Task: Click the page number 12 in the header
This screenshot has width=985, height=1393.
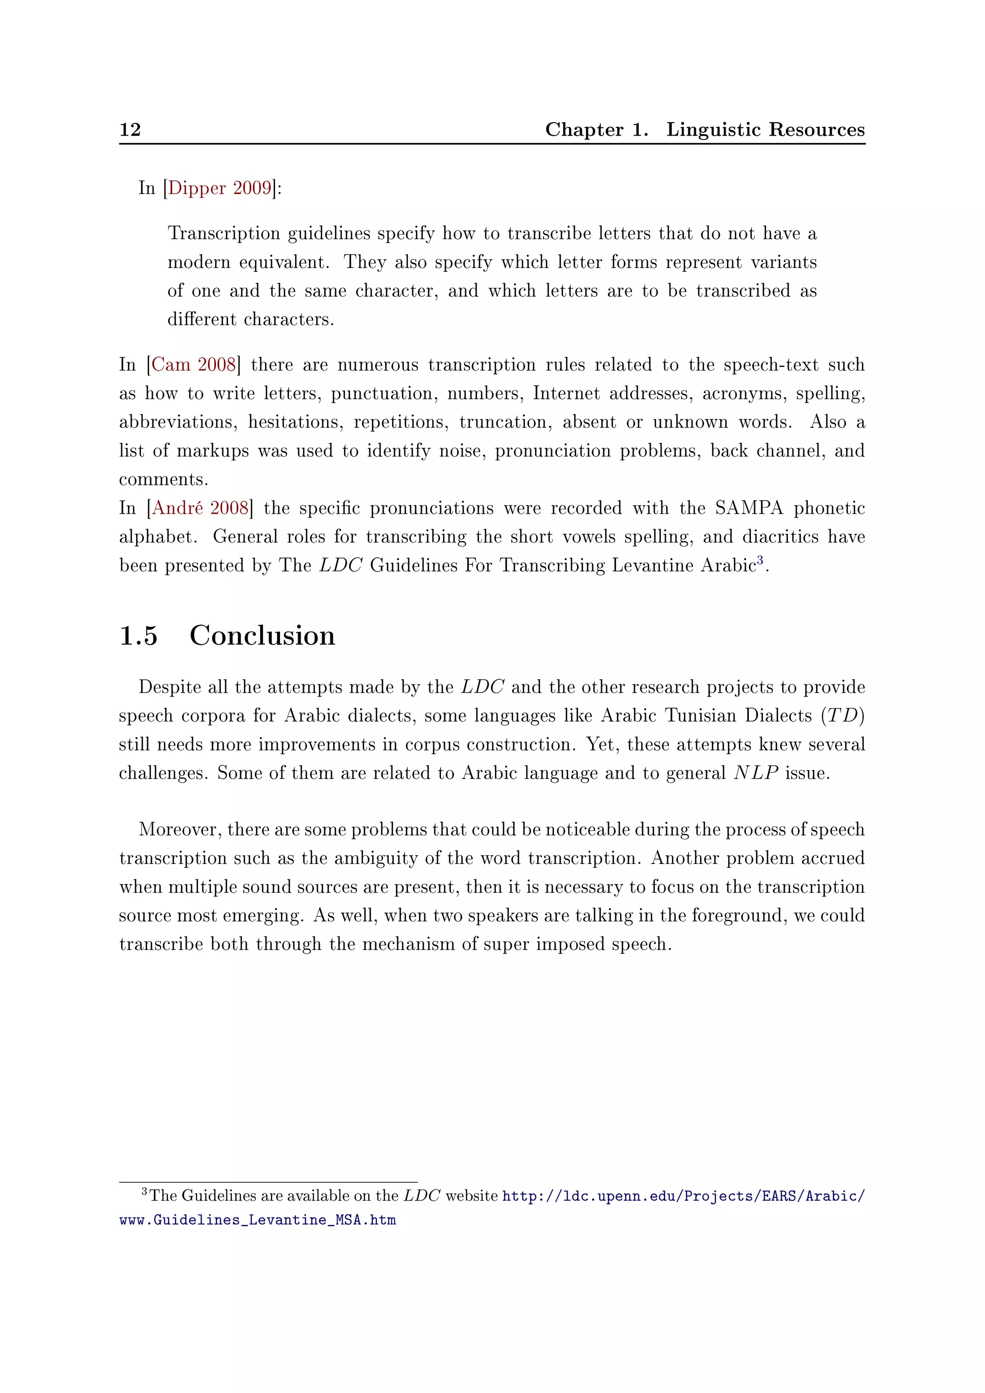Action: (x=130, y=130)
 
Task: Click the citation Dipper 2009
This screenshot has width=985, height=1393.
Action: (x=220, y=188)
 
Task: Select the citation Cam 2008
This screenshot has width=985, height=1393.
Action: (x=193, y=365)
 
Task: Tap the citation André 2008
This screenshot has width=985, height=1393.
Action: (x=200, y=508)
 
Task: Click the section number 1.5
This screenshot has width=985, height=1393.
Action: (x=139, y=636)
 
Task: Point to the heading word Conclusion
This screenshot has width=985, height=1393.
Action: (x=262, y=636)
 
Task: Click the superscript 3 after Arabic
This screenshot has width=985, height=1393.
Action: (x=760, y=560)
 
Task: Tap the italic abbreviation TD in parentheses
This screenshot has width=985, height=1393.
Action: (x=843, y=716)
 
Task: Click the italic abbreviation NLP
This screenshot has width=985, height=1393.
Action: (x=756, y=773)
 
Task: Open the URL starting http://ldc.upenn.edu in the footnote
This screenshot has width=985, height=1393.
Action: (x=683, y=1196)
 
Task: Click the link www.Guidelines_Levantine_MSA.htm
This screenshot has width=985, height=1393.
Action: (x=258, y=1220)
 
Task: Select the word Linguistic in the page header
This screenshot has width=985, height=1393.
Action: (x=713, y=130)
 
